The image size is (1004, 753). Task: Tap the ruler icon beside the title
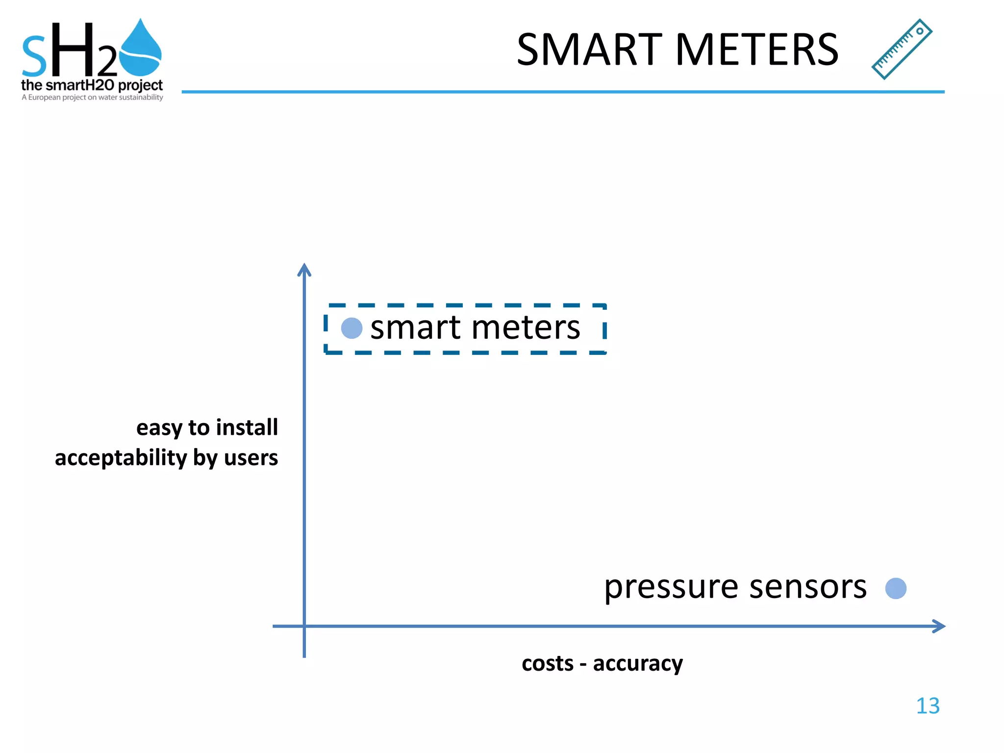pyautogui.click(x=902, y=49)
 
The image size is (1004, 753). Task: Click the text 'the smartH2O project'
pyautogui.click(x=92, y=85)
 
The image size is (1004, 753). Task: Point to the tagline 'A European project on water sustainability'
pyautogui.click(x=92, y=98)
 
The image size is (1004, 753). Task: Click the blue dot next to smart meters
pyautogui.click(x=351, y=328)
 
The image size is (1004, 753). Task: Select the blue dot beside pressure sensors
pyautogui.click(x=896, y=588)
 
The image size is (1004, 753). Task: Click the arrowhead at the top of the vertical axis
pyautogui.click(x=304, y=269)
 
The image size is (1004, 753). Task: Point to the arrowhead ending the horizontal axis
pyautogui.click(x=938, y=626)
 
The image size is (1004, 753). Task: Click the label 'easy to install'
pyautogui.click(x=207, y=427)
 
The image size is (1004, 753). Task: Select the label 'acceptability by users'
pyautogui.click(x=166, y=458)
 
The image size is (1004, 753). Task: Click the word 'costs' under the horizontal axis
pyautogui.click(x=547, y=664)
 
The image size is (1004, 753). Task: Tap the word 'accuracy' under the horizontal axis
pyautogui.click(x=638, y=664)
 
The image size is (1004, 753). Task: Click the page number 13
pyautogui.click(x=928, y=706)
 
